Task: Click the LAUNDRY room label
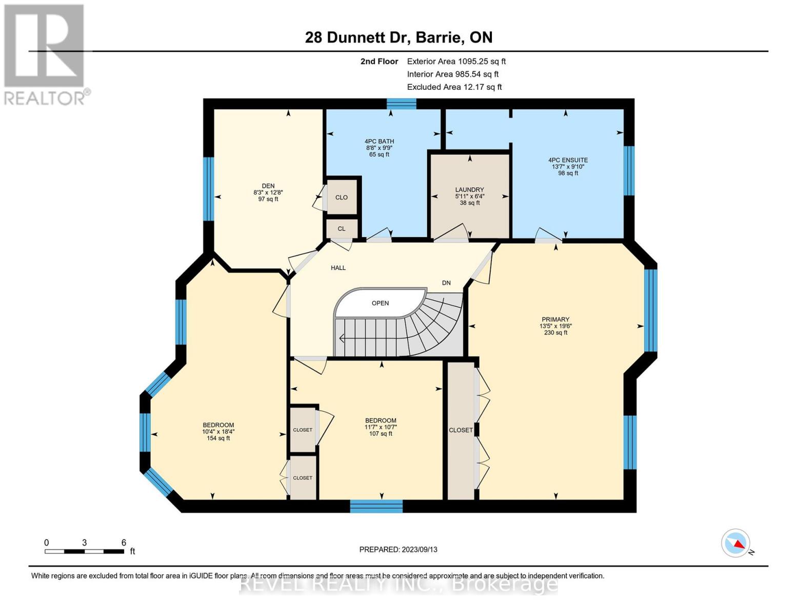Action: click(469, 190)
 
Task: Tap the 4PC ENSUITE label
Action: click(568, 160)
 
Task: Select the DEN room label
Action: click(268, 186)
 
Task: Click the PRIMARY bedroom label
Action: click(555, 319)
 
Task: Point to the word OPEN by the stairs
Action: click(380, 303)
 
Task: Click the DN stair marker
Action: click(446, 283)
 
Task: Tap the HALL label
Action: click(338, 268)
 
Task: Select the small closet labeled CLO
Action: click(342, 198)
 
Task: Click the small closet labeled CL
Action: click(342, 229)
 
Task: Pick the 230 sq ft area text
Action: click(555, 333)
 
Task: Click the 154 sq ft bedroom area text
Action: click(218, 438)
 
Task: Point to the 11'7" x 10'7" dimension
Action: click(381, 427)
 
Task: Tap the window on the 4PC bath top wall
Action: click(402, 104)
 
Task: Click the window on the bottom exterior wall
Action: click(376, 507)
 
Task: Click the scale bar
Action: click(84, 551)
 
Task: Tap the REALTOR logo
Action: click(45, 54)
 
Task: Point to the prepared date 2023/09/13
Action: click(398, 549)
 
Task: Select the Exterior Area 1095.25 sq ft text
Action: click(456, 61)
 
